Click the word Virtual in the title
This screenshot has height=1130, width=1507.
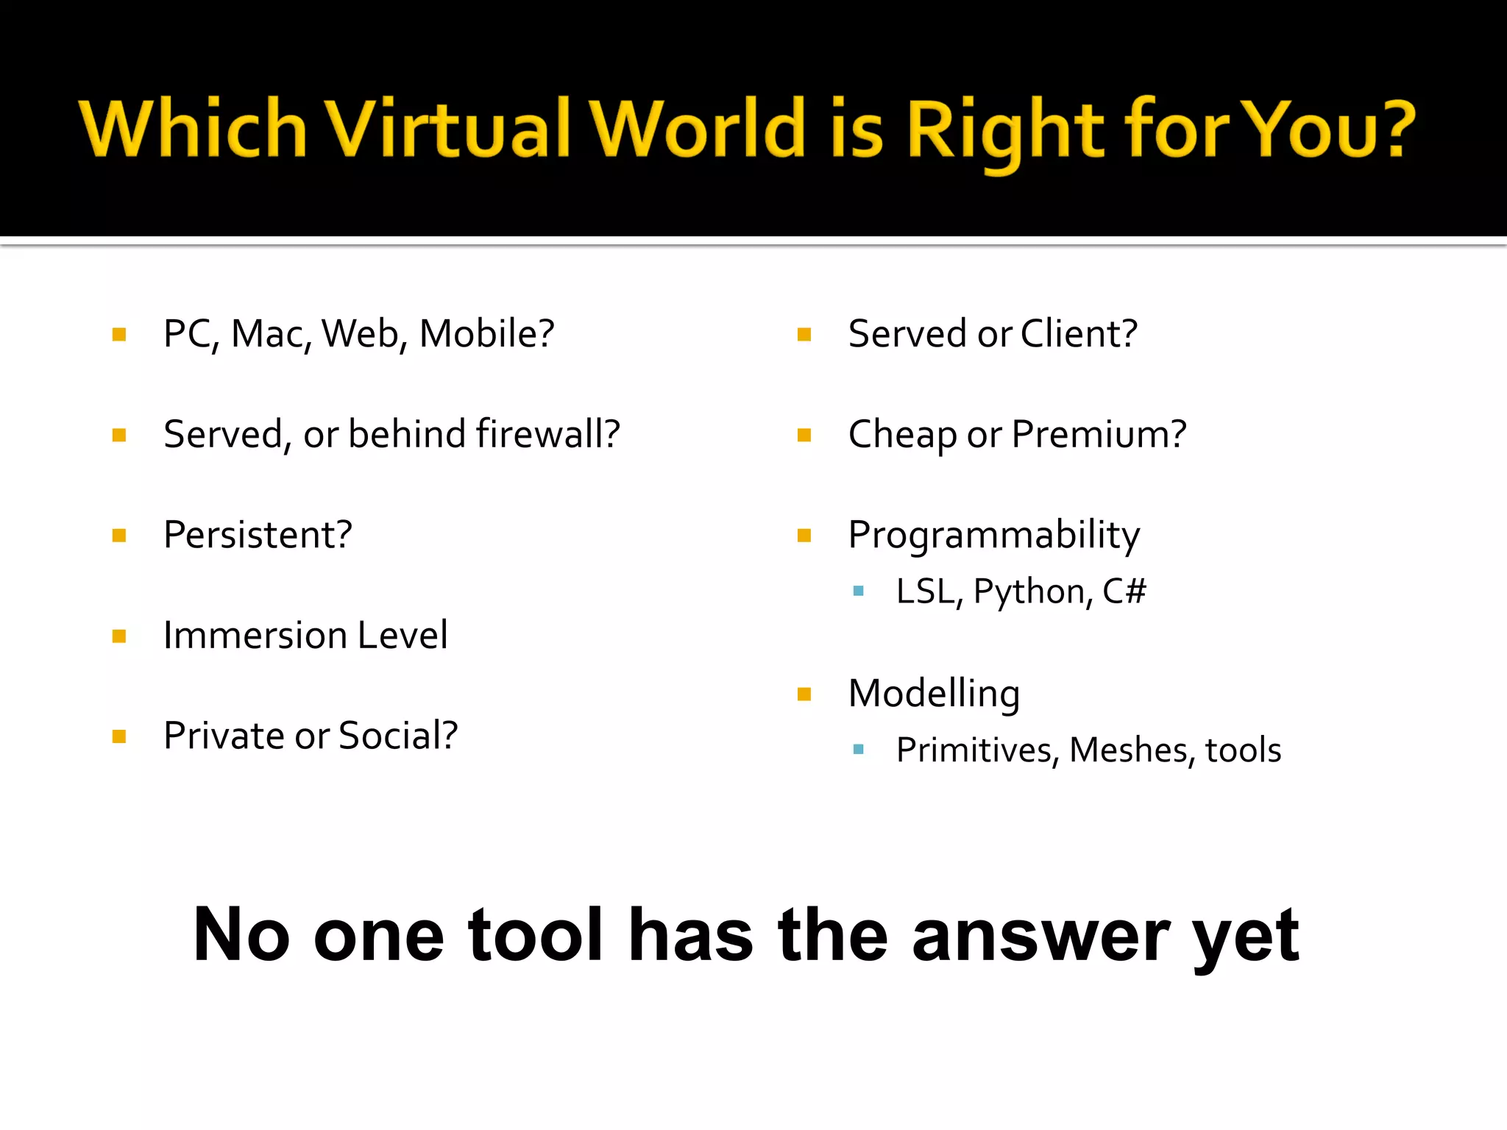click(x=449, y=128)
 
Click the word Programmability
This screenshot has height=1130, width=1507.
click(x=994, y=536)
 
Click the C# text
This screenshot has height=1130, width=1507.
click(x=1124, y=591)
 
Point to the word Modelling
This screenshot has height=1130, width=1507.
click(x=934, y=694)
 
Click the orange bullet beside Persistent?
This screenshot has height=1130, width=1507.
click(x=119, y=536)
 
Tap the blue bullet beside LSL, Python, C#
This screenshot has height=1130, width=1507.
click(x=858, y=591)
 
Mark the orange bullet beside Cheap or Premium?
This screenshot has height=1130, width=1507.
click(x=804, y=436)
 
